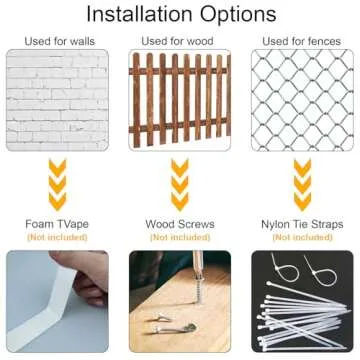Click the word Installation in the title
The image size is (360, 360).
pyautogui.click(x=139, y=14)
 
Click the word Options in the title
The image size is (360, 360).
pyautogui.click(x=238, y=15)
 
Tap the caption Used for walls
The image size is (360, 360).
pyautogui.click(x=60, y=41)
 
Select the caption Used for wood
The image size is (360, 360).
pyautogui.click(x=177, y=41)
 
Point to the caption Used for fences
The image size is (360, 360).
pyautogui.click(x=302, y=41)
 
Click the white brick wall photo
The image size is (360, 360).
pyautogui.click(x=57, y=100)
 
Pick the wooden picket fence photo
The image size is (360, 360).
pyautogui.click(x=180, y=100)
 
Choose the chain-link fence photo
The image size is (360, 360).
pyautogui.click(x=302, y=100)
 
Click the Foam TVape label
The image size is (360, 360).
pyautogui.click(x=57, y=224)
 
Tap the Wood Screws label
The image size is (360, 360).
pyautogui.click(x=180, y=224)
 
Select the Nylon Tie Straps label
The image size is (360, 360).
pyautogui.click(x=302, y=224)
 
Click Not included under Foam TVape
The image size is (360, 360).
pyautogui.click(x=57, y=237)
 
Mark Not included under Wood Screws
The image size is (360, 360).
pyautogui.click(x=180, y=237)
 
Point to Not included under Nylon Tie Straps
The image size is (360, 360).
pyautogui.click(x=302, y=237)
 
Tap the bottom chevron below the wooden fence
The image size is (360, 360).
pyautogui.click(x=180, y=202)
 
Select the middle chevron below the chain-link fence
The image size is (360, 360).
pyautogui.click(x=303, y=185)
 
